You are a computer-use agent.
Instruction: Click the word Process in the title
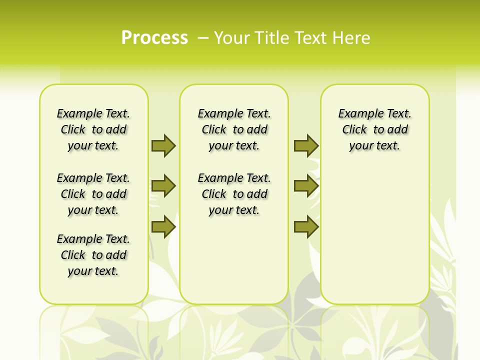tap(154, 38)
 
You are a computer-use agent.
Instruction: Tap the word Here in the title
tap(352, 38)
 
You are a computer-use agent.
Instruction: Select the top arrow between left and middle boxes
tap(163, 145)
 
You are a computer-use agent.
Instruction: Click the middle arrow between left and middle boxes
tap(163, 186)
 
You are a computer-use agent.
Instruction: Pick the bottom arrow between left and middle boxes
tap(163, 226)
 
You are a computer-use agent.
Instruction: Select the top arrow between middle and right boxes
tap(306, 145)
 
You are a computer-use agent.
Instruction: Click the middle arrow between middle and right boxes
tap(306, 186)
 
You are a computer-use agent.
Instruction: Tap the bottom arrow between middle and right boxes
tap(306, 226)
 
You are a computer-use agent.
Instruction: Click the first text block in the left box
tap(93, 129)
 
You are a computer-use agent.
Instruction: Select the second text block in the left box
tap(93, 194)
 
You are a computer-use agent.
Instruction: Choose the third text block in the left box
tap(93, 255)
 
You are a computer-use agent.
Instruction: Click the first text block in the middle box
tap(234, 129)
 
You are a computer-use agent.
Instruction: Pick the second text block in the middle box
tap(234, 194)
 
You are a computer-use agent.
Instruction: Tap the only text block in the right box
tap(374, 129)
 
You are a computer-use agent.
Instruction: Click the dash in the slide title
tap(203, 38)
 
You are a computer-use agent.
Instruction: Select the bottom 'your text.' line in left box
tap(93, 271)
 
